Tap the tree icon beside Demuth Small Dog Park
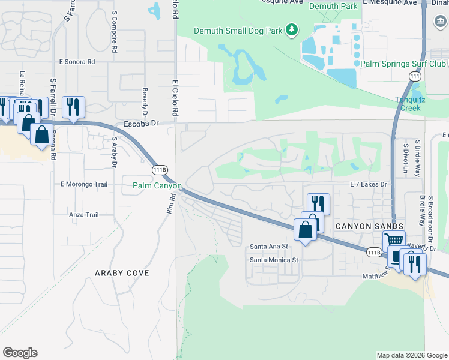click(292, 29)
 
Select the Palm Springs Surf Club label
click(403, 63)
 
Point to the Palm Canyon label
click(157, 186)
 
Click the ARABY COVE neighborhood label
click(122, 273)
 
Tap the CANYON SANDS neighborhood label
click(361, 226)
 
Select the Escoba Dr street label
click(140, 124)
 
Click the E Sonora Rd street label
click(77, 61)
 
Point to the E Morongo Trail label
click(84, 184)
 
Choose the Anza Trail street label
click(84, 214)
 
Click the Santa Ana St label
click(269, 246)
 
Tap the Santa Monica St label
click(274, 260)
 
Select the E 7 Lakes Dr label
click(370, 185)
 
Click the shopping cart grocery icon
click(394, 240)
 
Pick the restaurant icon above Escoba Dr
click(73, 107)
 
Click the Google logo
click(20, 353)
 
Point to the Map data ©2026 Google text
click(411, 355)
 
